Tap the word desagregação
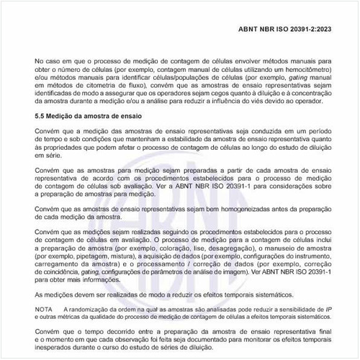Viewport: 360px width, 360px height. (232, 248)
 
